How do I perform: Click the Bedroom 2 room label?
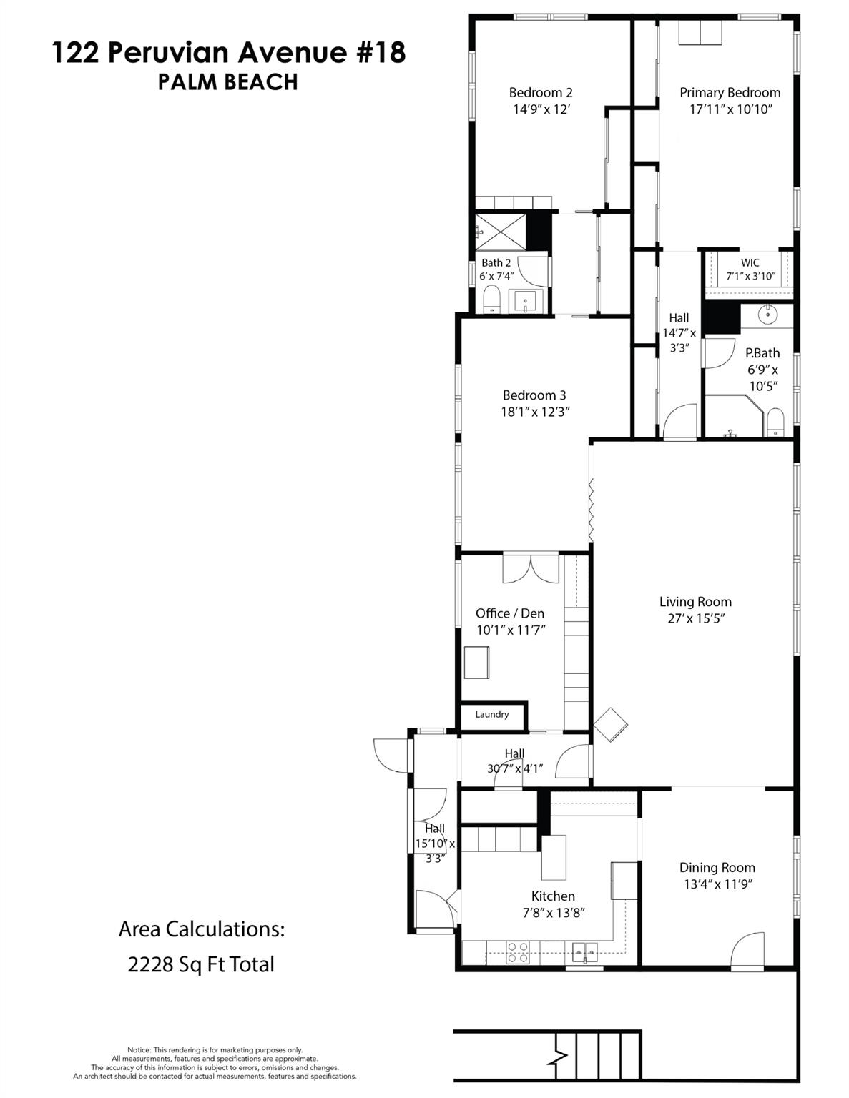tap(540, 92)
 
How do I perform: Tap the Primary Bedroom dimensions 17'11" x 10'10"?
tap(730, 109)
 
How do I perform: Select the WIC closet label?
tap(750, 262)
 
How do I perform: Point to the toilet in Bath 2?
tap(491, 300)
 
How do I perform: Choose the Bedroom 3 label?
tap(534, 395)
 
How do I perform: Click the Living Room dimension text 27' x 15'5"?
tap(695, 619)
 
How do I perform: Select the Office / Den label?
tap(510, 613)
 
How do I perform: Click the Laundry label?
tap(491, 714)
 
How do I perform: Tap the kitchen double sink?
tap(585, 951)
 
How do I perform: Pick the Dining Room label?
tap(717, 867)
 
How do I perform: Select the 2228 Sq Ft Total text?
tap(201, 964)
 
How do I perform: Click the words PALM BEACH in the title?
tap(227, 82)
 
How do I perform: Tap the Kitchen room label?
tap(553, 896)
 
